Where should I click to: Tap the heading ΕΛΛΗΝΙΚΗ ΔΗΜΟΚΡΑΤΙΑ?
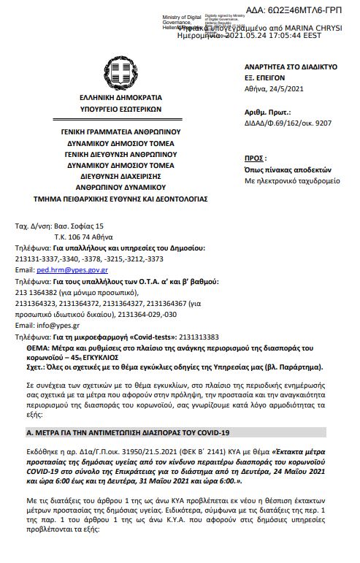pos(121,98)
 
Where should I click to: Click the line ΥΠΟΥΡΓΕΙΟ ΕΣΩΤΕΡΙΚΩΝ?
pos(121,110)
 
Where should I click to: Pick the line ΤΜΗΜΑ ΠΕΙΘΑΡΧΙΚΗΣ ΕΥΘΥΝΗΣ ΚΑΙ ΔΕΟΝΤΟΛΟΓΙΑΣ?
pos(121,198)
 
